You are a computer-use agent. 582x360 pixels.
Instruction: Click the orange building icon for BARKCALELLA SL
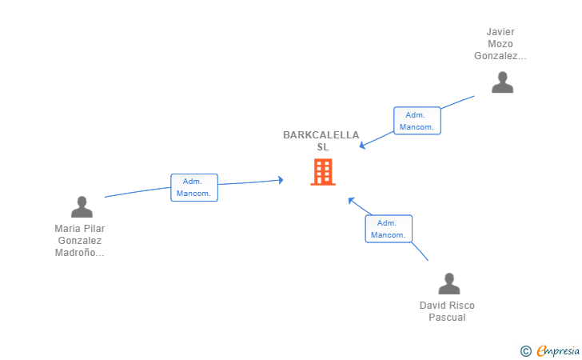(x=322, y=172)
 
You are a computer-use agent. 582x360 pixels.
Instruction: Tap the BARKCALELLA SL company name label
(x=321, y=141)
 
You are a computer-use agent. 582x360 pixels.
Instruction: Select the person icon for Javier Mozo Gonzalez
(x=502, y=82)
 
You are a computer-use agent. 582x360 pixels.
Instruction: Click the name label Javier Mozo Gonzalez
(x=500, y=44)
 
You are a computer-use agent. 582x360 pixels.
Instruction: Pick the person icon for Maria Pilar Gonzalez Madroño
(x=82, y=207)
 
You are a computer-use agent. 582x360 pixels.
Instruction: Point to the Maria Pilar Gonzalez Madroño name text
(x=79, y=240)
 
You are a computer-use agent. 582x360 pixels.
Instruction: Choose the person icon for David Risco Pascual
(x=449, y=284)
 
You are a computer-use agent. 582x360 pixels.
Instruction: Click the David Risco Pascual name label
(x=447, y=311)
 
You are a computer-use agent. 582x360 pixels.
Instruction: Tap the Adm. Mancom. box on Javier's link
(x=417, y=121)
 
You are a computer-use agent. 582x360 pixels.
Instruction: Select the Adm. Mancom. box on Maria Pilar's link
(x=194, y=187)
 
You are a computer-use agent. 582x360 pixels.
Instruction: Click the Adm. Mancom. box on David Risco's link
(x=389, y=229)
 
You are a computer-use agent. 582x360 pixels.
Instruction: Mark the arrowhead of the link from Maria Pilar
(x=281, y=180)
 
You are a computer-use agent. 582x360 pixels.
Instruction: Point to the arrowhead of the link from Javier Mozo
(x=362, y=146)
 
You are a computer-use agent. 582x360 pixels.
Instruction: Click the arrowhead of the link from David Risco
(x=351, y=199)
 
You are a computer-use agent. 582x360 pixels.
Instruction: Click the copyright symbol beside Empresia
(x=525, y=350)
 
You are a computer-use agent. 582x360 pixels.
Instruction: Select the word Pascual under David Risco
(x=447, y=318)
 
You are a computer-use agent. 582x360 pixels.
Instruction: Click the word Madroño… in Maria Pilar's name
(x=79, y=252)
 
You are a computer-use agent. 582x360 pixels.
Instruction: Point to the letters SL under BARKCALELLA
(x=322, y=147)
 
